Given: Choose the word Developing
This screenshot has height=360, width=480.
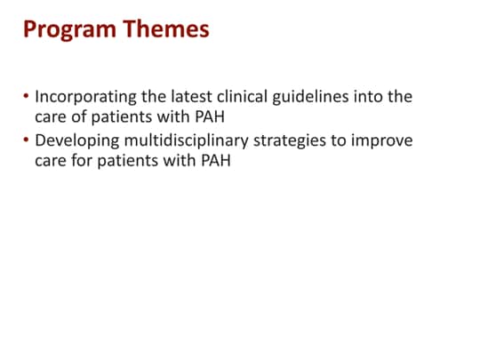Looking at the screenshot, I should coord(77,142).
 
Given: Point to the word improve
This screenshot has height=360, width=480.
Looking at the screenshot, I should coord(382,142).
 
